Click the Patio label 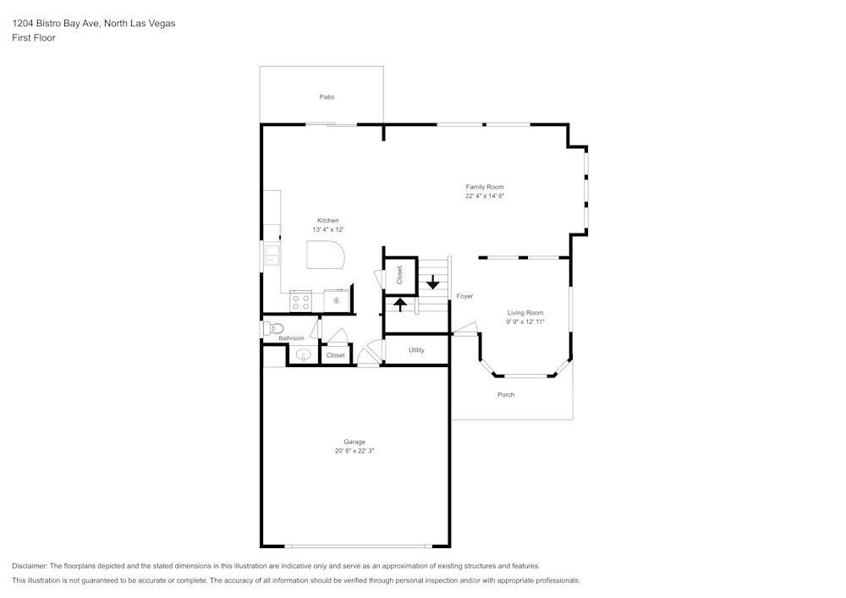pyautogui.click(x=327, y=97)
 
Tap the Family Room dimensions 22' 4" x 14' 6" pyautogui.click(x=485, y=196)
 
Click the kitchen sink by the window pyautogui.click(x=272, y=254)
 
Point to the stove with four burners pyautogui.click(x=300, y=301)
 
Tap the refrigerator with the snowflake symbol pyautogui.click(x=336, y=301)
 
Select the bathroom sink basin pyautogui.click(x=303, y=355)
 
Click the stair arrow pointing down pyautogui.click(x=433, y=282)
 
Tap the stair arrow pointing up pyautogui.click(x=400, y=302)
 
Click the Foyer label pyautogui.click(x=464, y=297)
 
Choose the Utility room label pyautogui.click(x=416, y=350)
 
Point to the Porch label pyautogui.click(x=506, y=395)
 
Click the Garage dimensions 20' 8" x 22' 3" pyautogui.click(x=354, y=452)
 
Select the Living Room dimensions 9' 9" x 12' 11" pyautogui.click(x=525, y=322)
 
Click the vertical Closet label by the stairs pyautogui.click(x=400, y=275)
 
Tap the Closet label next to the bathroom pyautogui.click(x=336, y=355)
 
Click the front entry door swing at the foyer pyautogui.click(x=465, y=329)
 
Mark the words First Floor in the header pyautogui.click(x=34, y=38)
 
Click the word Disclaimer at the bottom pyautogui.click(x=30, y=566)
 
